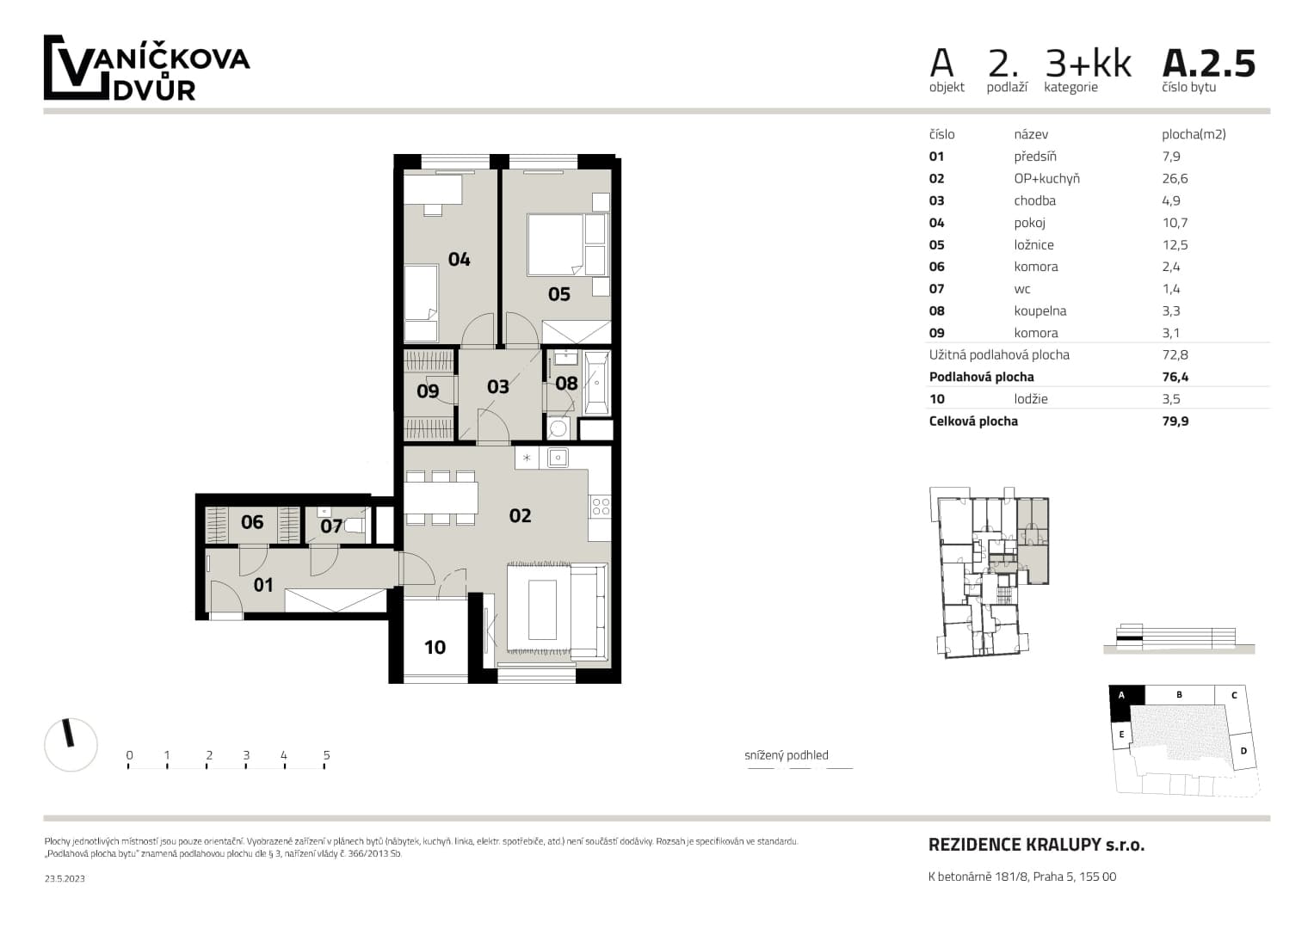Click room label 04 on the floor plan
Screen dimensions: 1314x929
pos(460,259)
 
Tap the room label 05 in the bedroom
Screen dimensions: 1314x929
pos(559,294)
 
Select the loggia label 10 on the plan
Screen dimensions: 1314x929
pos(435,647)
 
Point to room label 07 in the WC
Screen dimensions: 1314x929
pos(330,526)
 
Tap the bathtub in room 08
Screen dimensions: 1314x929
pos(597,383)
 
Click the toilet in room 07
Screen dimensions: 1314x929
pos(355,526)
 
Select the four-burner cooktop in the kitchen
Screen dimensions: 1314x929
pos(601,506)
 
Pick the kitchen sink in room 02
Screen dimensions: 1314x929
pos(558,458)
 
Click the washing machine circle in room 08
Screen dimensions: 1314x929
pos(558,428)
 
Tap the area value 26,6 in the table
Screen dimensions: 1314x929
pos(1175,178)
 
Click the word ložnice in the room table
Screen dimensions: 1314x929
pos(1033,244)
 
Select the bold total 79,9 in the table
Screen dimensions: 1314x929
pos(1175,421)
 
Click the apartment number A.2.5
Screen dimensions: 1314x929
pos(1208,64)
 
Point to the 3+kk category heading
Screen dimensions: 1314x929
pos(1088,64)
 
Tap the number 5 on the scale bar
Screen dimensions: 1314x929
pos(326,755)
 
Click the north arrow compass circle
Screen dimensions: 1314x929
pos(71,744)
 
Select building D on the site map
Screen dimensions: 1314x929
pos(1243,751)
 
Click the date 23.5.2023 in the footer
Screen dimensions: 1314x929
pos(65,878)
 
